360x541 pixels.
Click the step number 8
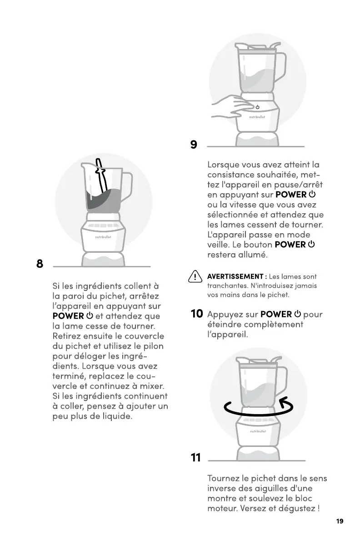click(x=40, y=264)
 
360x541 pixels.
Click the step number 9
click(x=194, y=144)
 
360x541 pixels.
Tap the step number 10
click(x=197, y=314)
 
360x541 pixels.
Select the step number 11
click(x=196, y=457)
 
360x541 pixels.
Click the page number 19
click(x=340, y=521)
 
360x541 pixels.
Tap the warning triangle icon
click(x=195, y=276)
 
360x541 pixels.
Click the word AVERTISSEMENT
click(x=235, y=276)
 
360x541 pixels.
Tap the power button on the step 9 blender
click(x=257, y=107)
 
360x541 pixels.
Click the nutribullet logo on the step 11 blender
click(x=258, y=431)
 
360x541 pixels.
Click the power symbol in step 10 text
click(x=297, y=314)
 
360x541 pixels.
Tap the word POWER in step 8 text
click(x=68, y=316)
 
